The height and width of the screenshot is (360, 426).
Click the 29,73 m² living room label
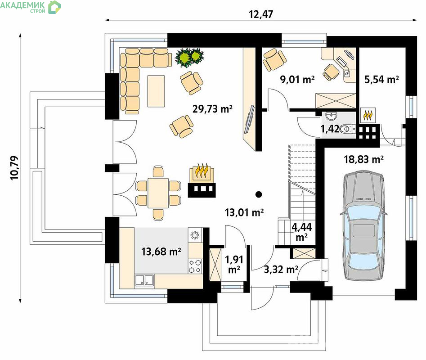[x=212, y=109]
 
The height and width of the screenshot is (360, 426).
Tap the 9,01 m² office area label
[x=297, y=79]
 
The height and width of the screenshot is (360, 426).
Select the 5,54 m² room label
[x=381, y=79]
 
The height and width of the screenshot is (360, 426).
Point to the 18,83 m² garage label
[x=364, y=159]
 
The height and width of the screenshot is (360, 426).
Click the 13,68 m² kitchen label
[x=161, y=252]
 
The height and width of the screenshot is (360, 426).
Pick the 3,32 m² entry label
[x=281, y=269]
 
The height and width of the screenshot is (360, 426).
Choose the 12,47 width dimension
[x=261, y=14]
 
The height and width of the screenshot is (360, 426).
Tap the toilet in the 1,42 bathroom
[x=347, y=129]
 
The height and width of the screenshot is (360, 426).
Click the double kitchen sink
[x=144, y=280]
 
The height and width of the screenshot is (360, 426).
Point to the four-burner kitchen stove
[x=195, y=266]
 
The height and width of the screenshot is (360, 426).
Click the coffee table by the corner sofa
[x=156, y=91]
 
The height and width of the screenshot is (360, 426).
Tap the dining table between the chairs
[x=158, y=193]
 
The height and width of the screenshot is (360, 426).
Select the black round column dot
[x=259, y=194]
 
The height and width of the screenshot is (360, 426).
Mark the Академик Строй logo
[x=31, y=7]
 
